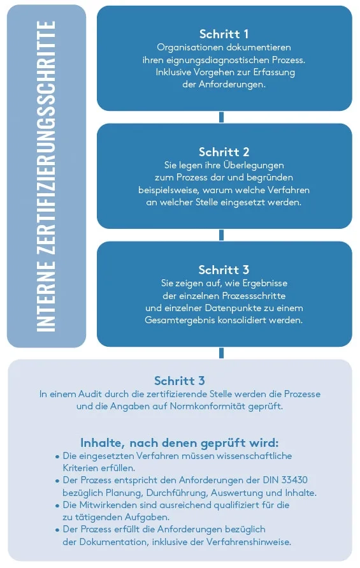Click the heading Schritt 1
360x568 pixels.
coord(224,34)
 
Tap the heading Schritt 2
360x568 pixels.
coord(224,152)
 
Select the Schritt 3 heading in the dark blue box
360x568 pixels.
coord(224,270)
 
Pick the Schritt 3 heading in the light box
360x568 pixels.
coord(180,381)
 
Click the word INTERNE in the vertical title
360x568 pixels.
coord(47,295)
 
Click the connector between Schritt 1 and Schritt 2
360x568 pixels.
coord(222,117)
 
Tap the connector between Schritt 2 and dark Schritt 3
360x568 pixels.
coord(222,235)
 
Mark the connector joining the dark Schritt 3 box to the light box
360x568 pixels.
coord(222,353)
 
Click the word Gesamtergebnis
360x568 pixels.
coord(178,320)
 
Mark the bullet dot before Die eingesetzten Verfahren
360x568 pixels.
coord(57,457)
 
